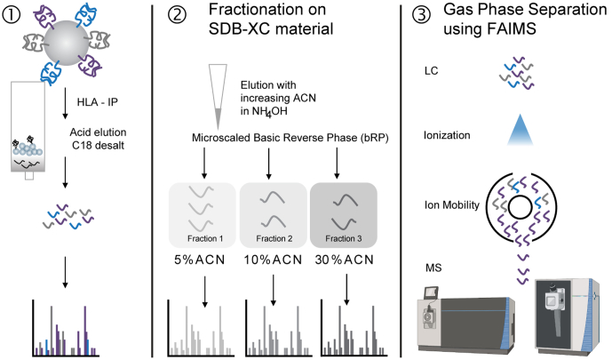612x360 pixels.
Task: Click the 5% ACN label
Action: click(202, 263)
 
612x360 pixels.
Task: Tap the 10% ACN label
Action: click(271, 263)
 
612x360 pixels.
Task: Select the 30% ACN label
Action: click(339, 263)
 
